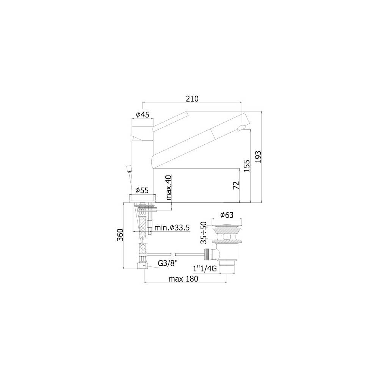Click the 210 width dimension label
coord(192,99)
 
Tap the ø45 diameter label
coord(143,114)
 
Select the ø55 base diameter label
coord(142,191)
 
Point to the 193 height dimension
coord(258,157)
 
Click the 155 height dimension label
coord(247,166)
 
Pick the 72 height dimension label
coord(236,185)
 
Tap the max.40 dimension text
coord(169,188)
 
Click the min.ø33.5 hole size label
coord(172,228)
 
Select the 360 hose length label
coord(120,235)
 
